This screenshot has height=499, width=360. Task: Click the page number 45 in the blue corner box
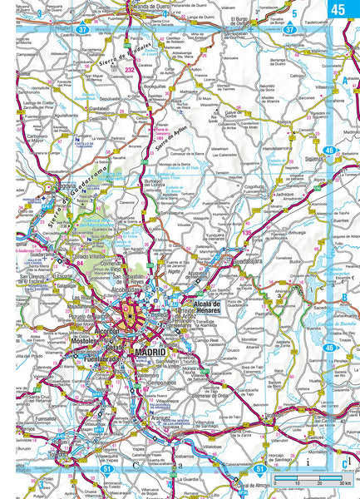click(x=338, y=9)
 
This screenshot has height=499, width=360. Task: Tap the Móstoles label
click(x=86, y=341)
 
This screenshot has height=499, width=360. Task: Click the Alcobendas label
click(x=127, y=292)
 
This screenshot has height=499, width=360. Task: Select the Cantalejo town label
click(x=99, y=108)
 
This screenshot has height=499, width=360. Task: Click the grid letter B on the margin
click(x=343, y=297)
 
